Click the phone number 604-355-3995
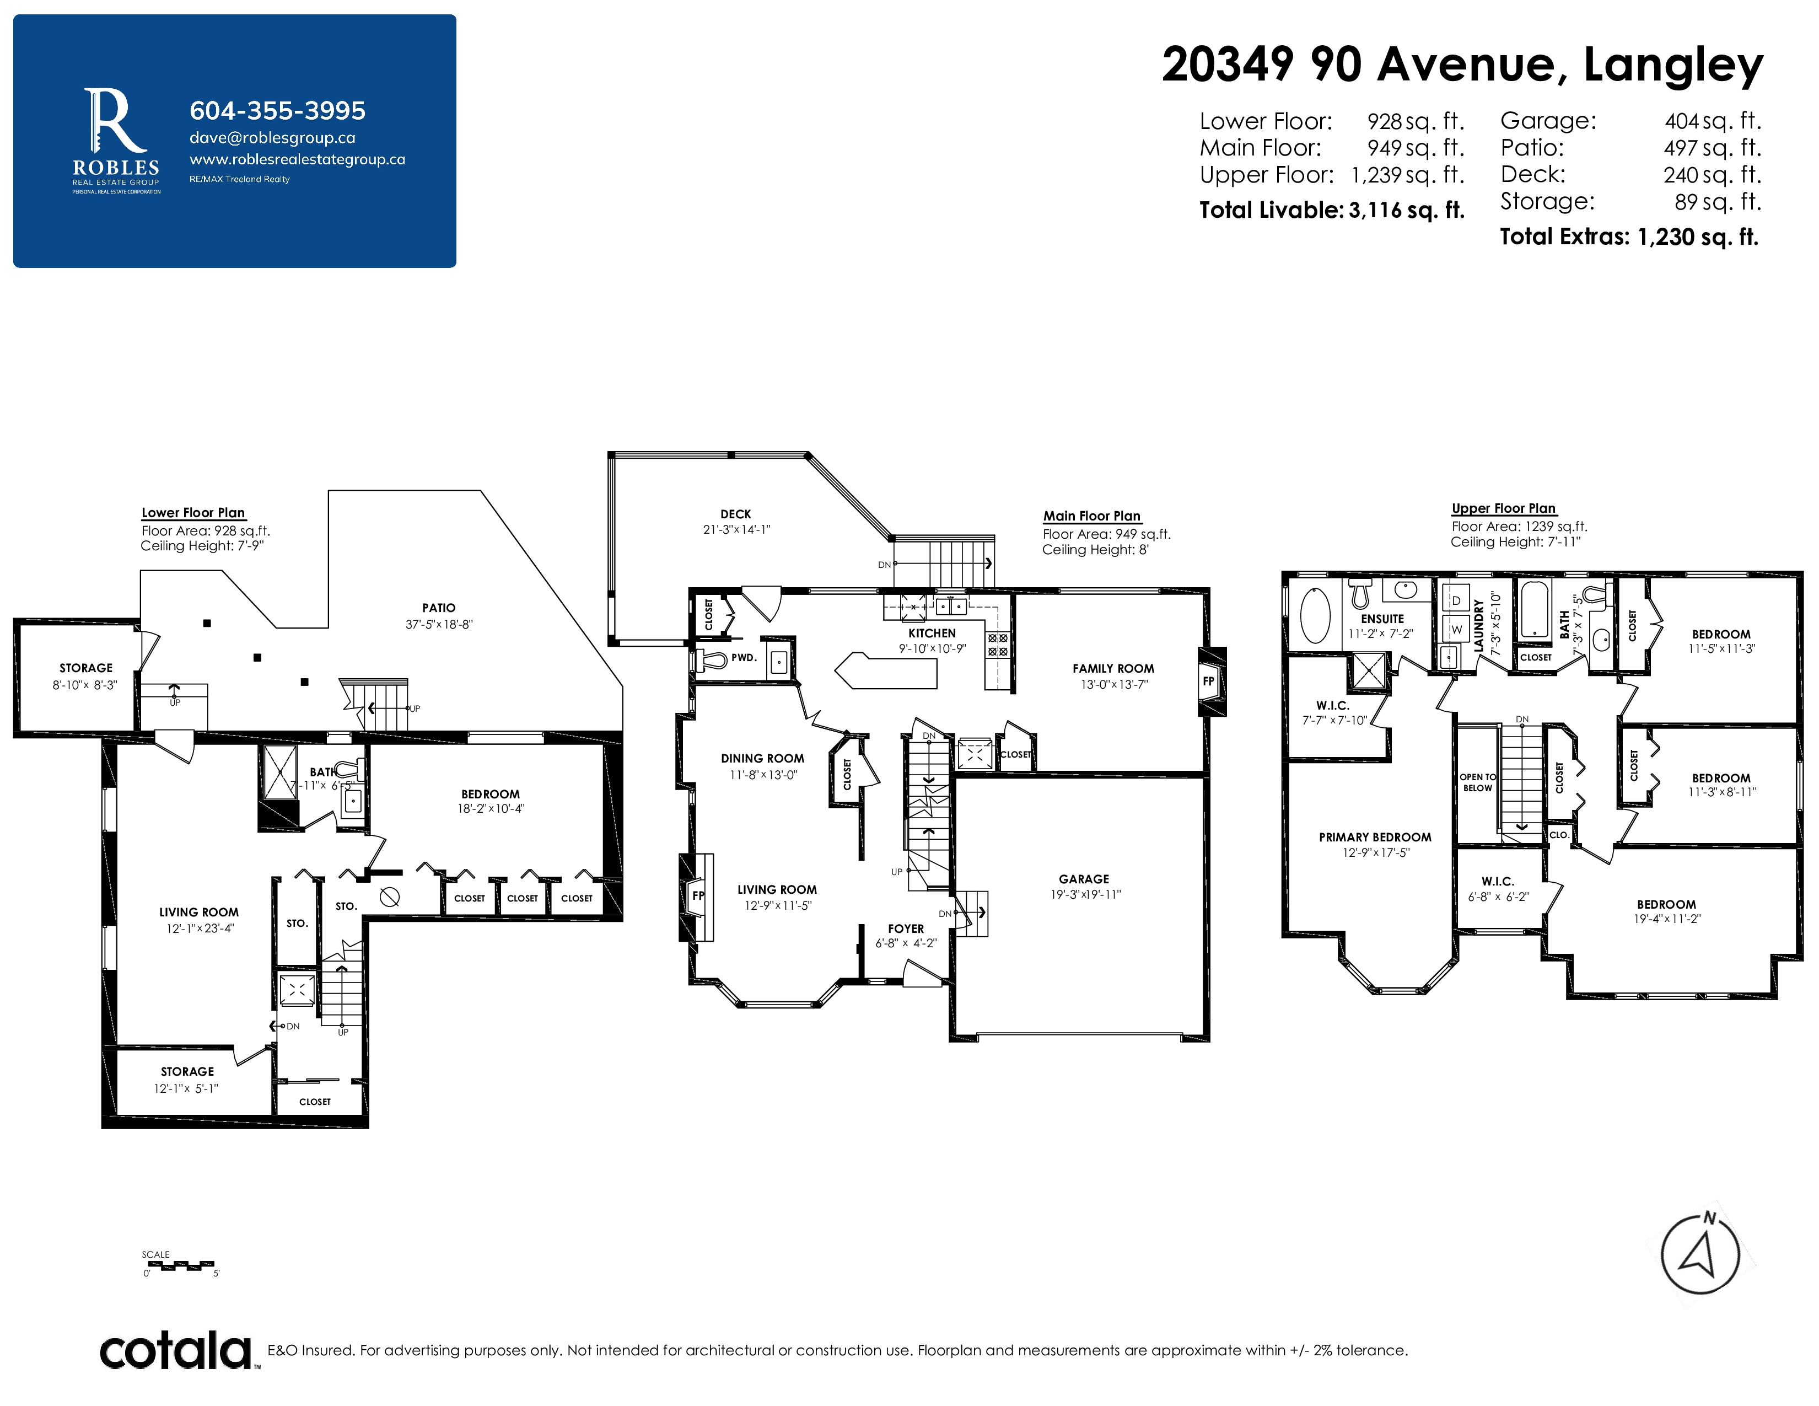[x=277, y=111]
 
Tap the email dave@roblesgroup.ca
[x=272, y=138]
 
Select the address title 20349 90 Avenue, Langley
[x=1462, y=65]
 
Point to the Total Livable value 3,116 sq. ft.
[x=1407, y=210]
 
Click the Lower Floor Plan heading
[x=193, y=513]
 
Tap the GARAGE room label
[x=1084, y=879]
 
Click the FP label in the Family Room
[x=1208, y=681]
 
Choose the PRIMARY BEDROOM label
[x=1375, y=837]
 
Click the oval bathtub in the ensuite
[x=1315, y=615]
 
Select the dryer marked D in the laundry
[x=1456, y=600]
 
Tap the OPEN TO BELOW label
[x=1477, y=783]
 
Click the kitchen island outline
[x=886, y=672]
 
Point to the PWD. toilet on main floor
[x=711, y=659]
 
